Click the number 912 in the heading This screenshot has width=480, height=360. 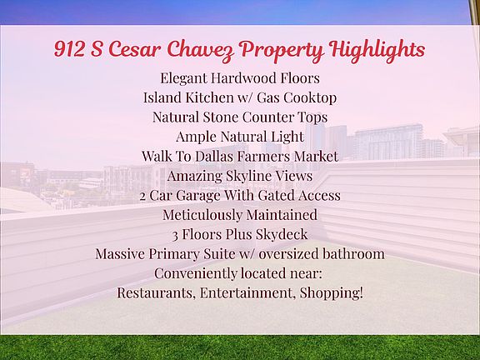tap(69, 49)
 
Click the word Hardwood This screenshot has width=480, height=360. tap(240, 78)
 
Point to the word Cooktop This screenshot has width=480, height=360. tap(310, 98)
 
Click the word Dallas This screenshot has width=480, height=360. tap(214, 156)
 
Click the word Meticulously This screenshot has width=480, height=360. tap(202, 215)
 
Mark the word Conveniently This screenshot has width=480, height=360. tap(195, 273)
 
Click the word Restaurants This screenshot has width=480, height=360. tap(156, 293)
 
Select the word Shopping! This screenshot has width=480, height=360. tap(332, 293)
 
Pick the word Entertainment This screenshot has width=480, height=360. tap(247, 293)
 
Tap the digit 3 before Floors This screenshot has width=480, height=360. tap(175, 236)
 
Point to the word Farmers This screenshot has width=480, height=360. tap(264, 156)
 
